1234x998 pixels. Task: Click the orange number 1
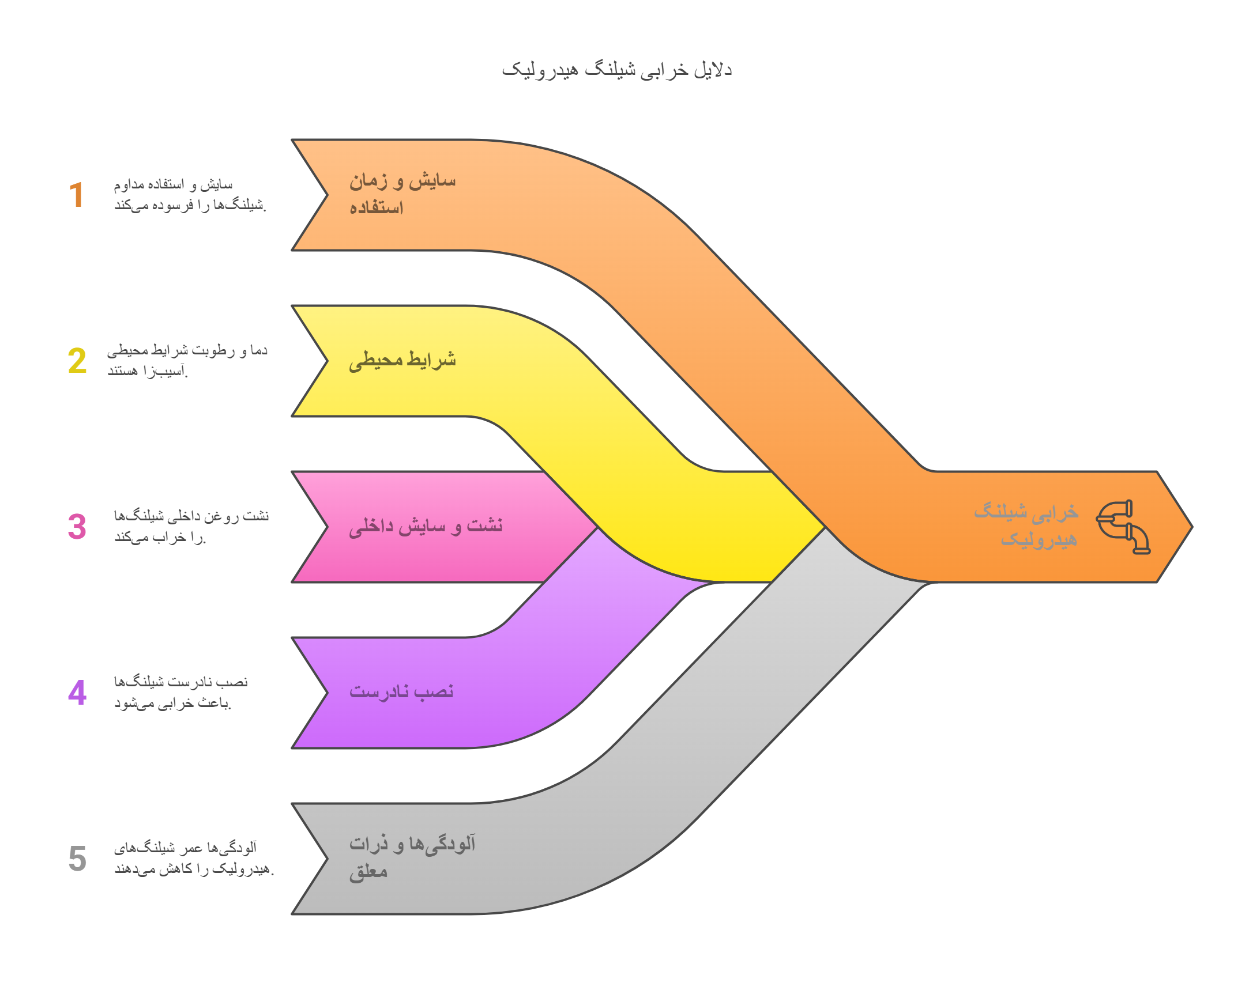[77, 195]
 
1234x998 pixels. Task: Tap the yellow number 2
[77, 361]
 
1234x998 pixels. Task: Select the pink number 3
[77, 527]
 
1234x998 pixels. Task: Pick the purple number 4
[77, 693]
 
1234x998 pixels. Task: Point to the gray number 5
[77, 859]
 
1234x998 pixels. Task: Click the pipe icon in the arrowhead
[1123, 527]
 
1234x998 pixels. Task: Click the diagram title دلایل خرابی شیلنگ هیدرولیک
[616, 70]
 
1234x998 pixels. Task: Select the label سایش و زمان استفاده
[402, 194]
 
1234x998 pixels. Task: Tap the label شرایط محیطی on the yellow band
[402, 361]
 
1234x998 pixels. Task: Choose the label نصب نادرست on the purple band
[401, 691]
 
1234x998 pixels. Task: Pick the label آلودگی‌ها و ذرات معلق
[412, 857]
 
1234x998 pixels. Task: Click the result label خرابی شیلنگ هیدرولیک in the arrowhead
[1026, 526]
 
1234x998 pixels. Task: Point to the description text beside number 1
[190, 195]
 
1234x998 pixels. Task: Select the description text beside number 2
[187, 361]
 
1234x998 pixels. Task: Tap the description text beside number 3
[191, 527]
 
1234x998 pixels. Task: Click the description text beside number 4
[180, 693]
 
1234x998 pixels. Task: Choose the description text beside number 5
[193, 859]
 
